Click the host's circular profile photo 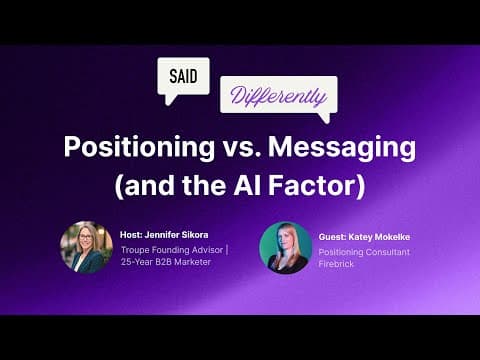tap(85, 247)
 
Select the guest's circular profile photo tap(285, 247)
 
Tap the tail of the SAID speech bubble tap(170, 99)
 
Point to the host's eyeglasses tap(85, 239)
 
